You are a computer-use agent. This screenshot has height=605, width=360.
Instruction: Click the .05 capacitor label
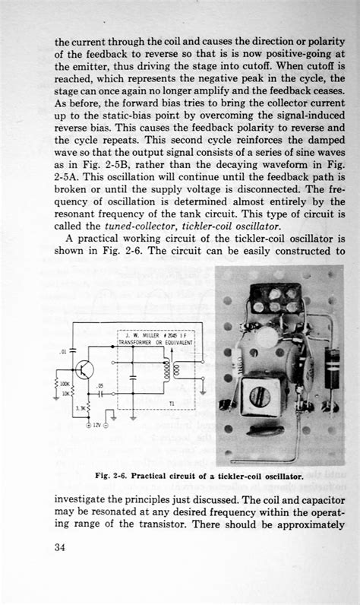click(x=99, y=386)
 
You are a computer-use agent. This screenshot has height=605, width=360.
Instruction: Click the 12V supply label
click(x=95, y=426)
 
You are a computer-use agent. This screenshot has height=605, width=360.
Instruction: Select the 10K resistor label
click(x=66, y=394)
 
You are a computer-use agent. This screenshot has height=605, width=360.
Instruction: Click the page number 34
click(x=60, y=549)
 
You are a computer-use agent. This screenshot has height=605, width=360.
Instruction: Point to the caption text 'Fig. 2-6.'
click(x=112, y=476)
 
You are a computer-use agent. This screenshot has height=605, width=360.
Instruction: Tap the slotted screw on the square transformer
click(x=258, y=396)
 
